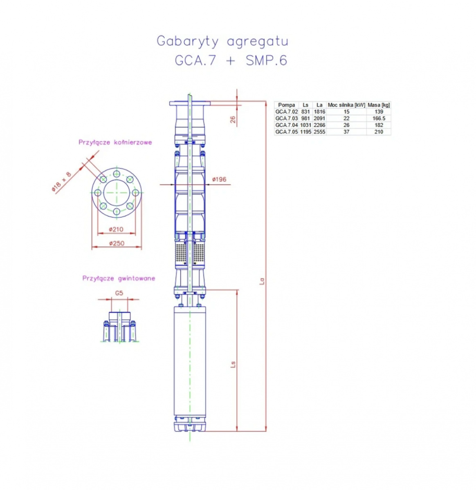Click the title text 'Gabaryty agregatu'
(222, 42)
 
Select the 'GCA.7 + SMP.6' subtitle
(231, 60)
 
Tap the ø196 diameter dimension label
(219, 179)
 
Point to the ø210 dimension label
(116, 229)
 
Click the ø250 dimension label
(117, 243)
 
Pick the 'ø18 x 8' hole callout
(62, 182)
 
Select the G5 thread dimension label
(119, 293)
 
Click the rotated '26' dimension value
(233, 119)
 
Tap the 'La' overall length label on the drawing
(262, 281)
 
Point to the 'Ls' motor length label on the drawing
(233, 364)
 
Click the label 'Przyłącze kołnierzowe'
(115, 142)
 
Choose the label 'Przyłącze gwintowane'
(119, 278)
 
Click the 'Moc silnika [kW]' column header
(346, 105)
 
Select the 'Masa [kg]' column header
(379, 105)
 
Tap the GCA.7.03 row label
(286, 118)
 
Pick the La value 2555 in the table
(319, 132)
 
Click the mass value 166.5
(379, 118)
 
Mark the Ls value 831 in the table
(305, 112)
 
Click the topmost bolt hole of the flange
(117, 174)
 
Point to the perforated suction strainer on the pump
(189, 253)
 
